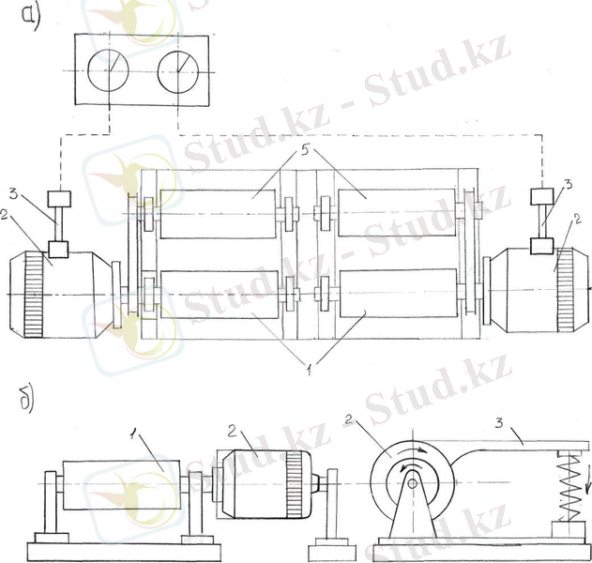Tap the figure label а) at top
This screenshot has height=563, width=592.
(x=31, y=18)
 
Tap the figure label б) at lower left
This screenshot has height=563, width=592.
(x=27, y=401)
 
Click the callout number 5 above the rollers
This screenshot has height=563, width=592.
(x=305, y=150)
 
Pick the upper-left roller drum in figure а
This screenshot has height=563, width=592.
(x=218, y=214)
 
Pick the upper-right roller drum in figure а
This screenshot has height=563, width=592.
(x=397, y=213)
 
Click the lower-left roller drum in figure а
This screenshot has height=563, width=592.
(x=220, y=295)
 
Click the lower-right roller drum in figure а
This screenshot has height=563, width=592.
(x=399, y=293)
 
